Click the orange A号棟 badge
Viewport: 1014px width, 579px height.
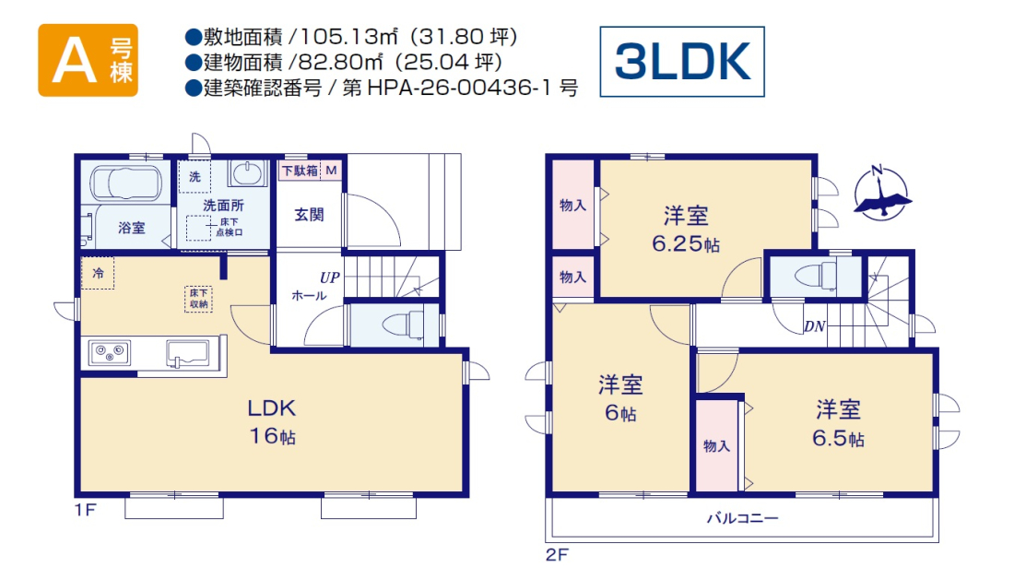[x=88, y=60]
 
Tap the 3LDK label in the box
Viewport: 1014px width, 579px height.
[x=682, y=62]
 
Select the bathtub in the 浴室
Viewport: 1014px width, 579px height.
[x=125, y=183]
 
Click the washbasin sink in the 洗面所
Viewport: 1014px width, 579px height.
[x=246, y=172]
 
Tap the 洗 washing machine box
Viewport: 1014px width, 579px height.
[x=195, y=176]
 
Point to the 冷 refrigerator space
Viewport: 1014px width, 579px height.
[x=98, y=273]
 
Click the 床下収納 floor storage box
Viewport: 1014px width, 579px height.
[x=198, y=299]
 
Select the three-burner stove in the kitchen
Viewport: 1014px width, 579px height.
[x=110, y=352]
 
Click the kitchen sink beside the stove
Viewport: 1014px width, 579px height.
[x=187, y=353]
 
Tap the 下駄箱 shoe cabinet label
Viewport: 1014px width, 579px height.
[x=301, y=171]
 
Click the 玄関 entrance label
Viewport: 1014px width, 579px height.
[x=309, y=215]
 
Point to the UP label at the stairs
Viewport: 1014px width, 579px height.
[x=329, y=278]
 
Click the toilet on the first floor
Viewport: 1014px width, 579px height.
[x=402, y=325]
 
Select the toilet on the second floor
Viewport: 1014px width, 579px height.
[x=816, y=277]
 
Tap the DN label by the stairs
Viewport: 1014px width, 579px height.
[x=815, y=326]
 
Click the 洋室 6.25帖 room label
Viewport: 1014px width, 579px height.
[x=686, y=229]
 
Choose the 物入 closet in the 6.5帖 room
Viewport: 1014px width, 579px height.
[x=716, y=445]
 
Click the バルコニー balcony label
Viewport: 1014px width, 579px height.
[x=742, y=518]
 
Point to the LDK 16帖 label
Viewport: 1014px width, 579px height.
[x=272, y=421]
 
